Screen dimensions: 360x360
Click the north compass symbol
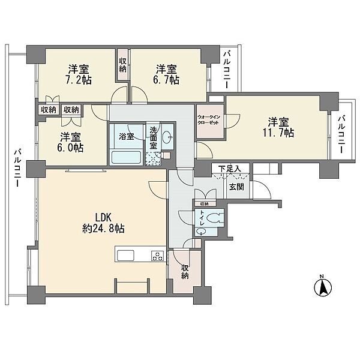[x=323, y=287]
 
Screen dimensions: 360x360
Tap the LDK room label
[x=103, y=217]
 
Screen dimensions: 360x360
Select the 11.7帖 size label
[x=278, y=133]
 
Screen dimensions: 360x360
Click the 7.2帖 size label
[x=79, y=80]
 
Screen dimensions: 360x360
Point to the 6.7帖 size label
[x=166, y=80]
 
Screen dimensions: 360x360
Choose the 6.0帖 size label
[x=70, y=148]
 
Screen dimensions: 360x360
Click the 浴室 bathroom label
[x=127, y=137]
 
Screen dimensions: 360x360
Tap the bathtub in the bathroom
[x=125, y=157]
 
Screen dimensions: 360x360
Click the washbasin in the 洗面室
[x=167, y=137]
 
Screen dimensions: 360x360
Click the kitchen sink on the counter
[x=125, y=256]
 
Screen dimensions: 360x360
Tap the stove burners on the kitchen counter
[x=158, y=256]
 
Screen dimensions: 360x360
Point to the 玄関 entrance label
[x=236, y=187]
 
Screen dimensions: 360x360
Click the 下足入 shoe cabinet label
[x=230, y=169]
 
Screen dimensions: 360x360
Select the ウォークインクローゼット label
[x=209, y=120]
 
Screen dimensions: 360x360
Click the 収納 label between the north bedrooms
[x=122, y=65]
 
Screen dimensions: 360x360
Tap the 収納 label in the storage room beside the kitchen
[x=185, y=272]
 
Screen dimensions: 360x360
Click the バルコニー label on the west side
[x=17, y=168]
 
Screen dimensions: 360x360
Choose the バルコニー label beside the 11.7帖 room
[x=341, y=134]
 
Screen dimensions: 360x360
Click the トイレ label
[x=202, y=218]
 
